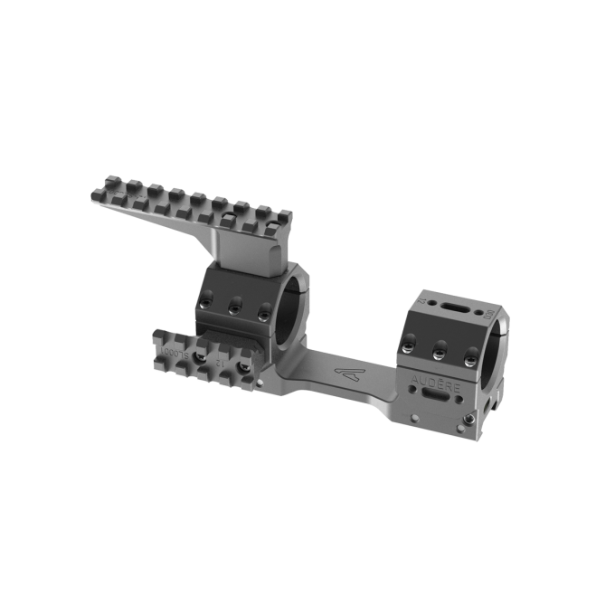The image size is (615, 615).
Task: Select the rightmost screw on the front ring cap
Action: point(264,313)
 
